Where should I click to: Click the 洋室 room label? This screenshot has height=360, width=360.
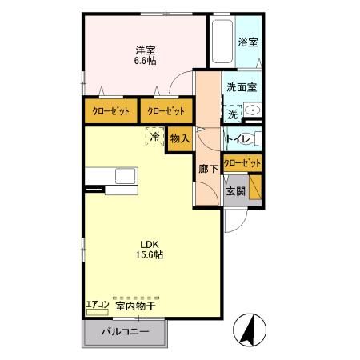pyautogui.click(x=145, y=47)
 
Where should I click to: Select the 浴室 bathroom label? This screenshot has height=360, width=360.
pyautogui.click(x=248, y=42)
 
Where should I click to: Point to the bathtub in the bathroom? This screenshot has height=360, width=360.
pyautogui.click(x=221, y=42)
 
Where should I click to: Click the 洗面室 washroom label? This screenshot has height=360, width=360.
pyautogui.click(x=240, y=87)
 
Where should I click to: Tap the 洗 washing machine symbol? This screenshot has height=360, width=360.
pyautogui.click(x=233, y=114)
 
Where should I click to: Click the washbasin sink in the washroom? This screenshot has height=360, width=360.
pyautogui.click(x=252, y=110)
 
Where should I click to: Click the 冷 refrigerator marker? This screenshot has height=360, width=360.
pyautogui.click(x=152, y=137)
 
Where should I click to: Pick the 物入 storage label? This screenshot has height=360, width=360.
pyautogui.click(x=180, y=138)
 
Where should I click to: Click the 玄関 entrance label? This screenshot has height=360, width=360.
pyautogui.click(x=235, y=191)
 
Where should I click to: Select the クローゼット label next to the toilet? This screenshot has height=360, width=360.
pyautogui.click(x=242, y=163)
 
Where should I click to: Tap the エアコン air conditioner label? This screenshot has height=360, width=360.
pyautogui.click(x=96, y=305)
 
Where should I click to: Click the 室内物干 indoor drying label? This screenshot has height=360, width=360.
pyautogui.click(x=135, y=306)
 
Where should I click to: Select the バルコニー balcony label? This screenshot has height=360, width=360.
pyautogui.click(x=125, y=331)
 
